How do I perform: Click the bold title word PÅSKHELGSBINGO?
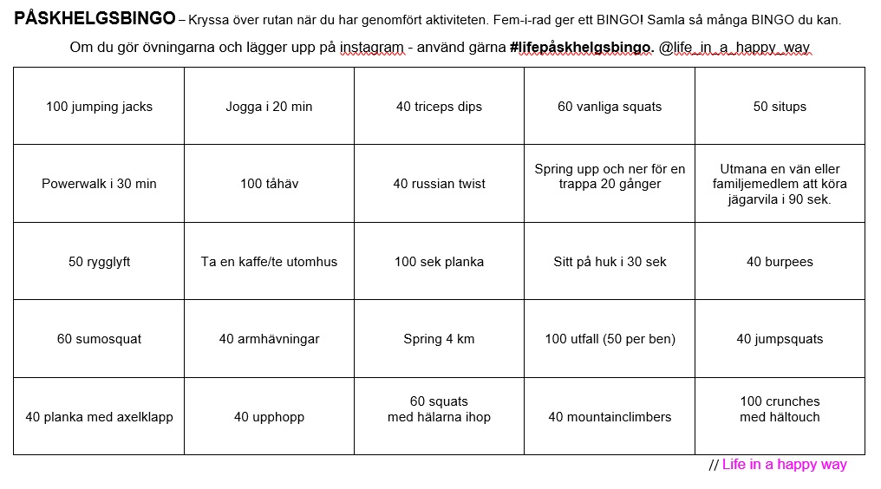pyautogui.click(x=94, y=19)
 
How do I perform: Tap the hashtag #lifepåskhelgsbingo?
pyautogui.click(x=581, y=48)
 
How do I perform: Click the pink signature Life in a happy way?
pyautogui.click(x=784, y=465)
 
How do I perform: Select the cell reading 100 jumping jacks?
pyautogui.click(x=99, y=107)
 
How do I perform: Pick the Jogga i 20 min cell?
pyautogui.click(x=269, y=107)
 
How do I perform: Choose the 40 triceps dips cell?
pyautogui.click(x=439, y=107)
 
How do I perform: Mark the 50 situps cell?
pyautogui.click(x=780, y=107)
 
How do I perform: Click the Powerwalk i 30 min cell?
pyautogui.click(x=99, y=184)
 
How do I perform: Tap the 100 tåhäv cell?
pyautogui.click(x=269, y=184)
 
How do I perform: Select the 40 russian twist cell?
pyautogui.click(x=439, y=184)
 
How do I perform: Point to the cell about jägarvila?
pyautogui.click(x=780, y=184)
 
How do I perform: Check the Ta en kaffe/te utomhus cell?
pyautogui.click(x=269, y=262)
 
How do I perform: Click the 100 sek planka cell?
pyautogui.click(x=439, y=262)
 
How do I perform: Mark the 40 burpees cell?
pyautogui.click(x=780, y=262)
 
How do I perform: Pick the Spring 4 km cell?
pyautogui.click(x=439, y=339)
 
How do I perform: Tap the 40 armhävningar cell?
pyautogui.click(x=269, y=339)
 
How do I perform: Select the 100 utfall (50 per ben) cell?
pyautogui.click(x=610, y=339)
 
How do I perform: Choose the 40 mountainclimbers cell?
pyautogui.click(x=610, y=417)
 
